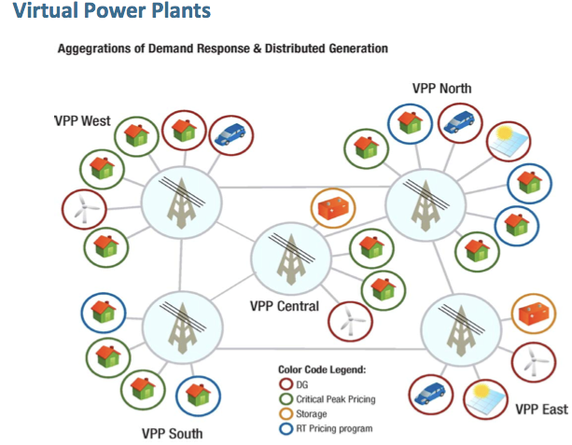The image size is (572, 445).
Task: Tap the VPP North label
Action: (x=441, y=89)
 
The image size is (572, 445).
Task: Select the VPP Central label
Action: (x=284, y=306)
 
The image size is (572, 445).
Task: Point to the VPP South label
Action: (x=172, y=433)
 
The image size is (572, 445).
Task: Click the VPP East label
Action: (x=541, y=409)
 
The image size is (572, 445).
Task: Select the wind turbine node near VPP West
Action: (x=79, y=208)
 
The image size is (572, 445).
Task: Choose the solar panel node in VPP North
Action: (x=509, y=140)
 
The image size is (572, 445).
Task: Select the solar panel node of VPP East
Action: (x=486, y=397)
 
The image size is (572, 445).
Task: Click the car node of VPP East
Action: (x=431, y=394)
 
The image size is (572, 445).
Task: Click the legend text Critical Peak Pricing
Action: (x=335, y=399)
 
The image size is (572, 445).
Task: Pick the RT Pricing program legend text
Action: (x=334, y=428)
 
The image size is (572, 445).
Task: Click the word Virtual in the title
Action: (x=38, y=12)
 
